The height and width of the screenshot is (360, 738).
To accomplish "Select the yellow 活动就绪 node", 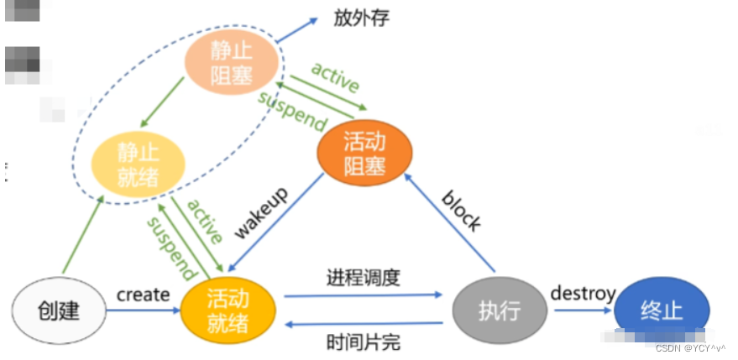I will [228, 310].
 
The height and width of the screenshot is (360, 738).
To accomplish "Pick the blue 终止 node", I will [661, 310].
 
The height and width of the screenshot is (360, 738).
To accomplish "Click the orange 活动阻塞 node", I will [364, 155].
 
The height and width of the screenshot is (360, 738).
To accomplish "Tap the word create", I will [143, 295].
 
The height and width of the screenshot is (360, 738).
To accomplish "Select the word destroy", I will [583, 293].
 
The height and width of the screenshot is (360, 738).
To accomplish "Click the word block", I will [462, 211].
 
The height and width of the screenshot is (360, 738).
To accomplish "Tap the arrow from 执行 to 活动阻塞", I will [449, 222].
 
